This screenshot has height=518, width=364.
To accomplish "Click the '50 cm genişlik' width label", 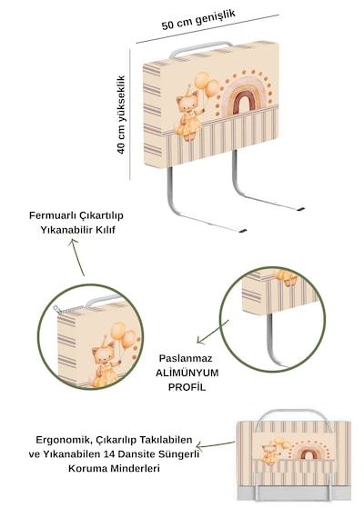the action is tap(198, 20).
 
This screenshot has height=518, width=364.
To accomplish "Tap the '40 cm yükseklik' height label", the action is tap(121, 115).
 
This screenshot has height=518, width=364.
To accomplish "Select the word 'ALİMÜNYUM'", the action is tap(187, 373).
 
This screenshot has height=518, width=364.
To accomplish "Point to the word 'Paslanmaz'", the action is tap(186, 358).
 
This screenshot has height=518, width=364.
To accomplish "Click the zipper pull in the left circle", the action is tap(57, 310).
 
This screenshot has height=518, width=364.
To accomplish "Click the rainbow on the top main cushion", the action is tap(244, 96).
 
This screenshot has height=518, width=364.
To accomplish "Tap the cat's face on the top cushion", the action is tap(187, 103).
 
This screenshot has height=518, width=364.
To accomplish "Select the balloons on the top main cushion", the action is tap(207, 85).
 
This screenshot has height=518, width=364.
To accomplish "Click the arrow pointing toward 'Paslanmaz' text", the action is tap(212, 332).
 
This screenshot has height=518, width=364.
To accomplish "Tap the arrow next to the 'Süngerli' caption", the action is tap(216, 444).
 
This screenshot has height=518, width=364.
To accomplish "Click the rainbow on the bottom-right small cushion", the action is tap(309, 452).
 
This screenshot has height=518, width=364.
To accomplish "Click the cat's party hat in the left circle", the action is tap(105, 341).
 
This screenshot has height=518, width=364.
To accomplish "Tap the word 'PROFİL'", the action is tap(187, 387).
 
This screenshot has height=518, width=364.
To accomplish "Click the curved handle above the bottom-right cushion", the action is tap(292, 412).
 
